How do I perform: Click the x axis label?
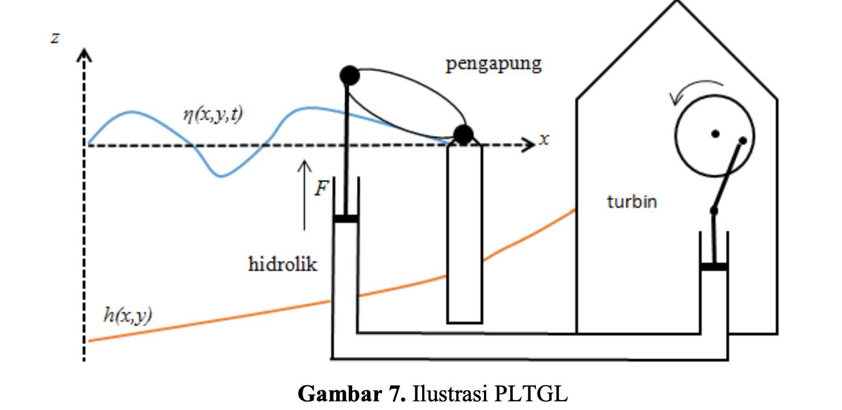(543, 139)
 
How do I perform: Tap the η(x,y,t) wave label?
(213, 114)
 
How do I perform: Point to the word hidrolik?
(283, 264)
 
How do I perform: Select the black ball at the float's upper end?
(349, 75)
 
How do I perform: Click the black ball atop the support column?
(463, 135)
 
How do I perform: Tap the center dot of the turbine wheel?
(715, 133)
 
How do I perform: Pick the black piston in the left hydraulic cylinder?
(345, 219)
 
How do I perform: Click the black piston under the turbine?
(714, 266)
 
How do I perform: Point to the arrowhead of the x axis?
(527, 145)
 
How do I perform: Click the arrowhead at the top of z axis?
(85, 55)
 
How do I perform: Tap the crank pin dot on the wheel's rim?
(743, 140)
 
